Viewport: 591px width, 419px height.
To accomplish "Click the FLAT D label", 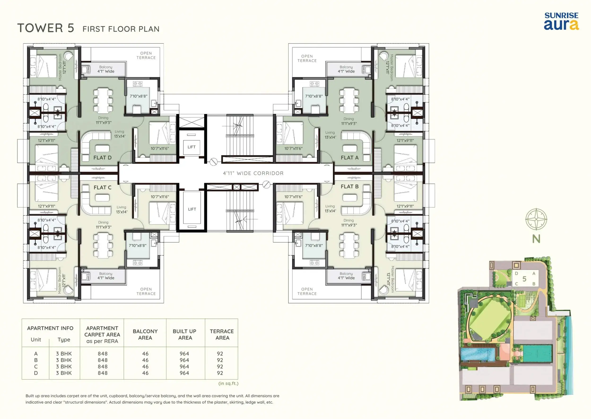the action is point(103,158).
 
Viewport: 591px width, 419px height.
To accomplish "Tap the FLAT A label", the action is point(349,158).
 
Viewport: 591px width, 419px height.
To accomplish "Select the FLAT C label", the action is point(103,188).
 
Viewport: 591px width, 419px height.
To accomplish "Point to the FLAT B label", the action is point(349,187).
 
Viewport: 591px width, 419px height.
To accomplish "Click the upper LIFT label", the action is point(191,147).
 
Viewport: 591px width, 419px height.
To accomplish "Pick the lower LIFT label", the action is point(192,209).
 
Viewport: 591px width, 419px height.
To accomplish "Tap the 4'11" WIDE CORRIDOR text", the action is point(253,173).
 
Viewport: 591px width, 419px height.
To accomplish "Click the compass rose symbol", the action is point(536,219).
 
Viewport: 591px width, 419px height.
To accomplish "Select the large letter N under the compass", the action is point(536,239).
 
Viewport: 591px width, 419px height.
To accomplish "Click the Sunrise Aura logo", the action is point(561,21).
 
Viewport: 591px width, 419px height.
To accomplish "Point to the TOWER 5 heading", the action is point(46,28).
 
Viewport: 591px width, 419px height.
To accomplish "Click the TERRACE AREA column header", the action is point(222,334).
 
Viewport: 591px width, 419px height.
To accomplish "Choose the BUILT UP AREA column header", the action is point(185,334).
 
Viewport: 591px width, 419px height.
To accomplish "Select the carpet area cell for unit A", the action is point(103,354).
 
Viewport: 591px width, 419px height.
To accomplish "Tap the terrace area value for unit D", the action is point(220,373).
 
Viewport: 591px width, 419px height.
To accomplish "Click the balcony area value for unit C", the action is point(145,367).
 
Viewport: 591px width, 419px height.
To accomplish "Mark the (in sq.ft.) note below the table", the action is point(228,383).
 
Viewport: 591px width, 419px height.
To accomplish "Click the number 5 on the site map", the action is point(524,279).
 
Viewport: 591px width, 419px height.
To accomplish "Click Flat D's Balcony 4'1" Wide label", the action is point(106,69).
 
